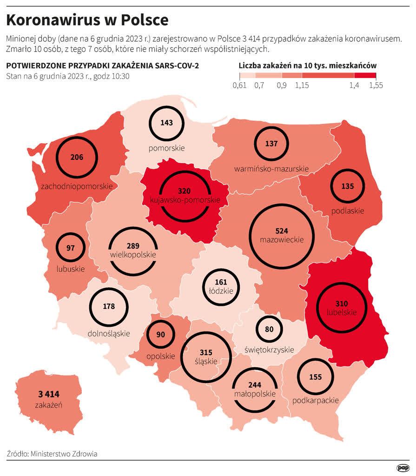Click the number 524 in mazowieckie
[282, 231]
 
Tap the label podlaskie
[348, 211]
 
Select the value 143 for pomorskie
[166, 123]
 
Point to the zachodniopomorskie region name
[77, 186]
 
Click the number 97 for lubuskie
[71, 248]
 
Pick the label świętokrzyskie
[269, 350]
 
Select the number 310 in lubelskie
[341, 303]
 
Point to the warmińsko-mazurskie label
[271, 168]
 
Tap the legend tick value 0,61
[239, 86]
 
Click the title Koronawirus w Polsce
[87, 20]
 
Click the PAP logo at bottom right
[403, 468]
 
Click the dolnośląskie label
[109, 333]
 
